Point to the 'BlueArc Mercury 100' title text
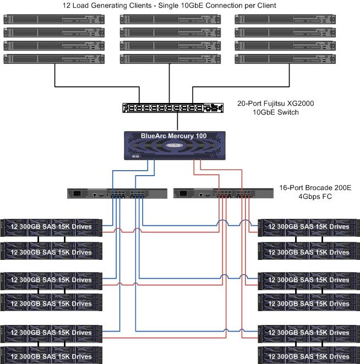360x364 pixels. pos(174,136)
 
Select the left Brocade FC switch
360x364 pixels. pos(117,194)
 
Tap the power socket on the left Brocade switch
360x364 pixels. pos(76,194)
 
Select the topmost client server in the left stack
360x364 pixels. pos(54,19)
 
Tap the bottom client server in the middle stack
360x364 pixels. pos(170,58)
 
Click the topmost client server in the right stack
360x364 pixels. pos(285,19)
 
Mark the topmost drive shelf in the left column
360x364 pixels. pos(51,226)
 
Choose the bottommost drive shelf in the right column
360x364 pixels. pos(309,356)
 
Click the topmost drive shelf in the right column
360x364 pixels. pos(309,226)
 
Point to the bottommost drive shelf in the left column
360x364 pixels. pos(51,356)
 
